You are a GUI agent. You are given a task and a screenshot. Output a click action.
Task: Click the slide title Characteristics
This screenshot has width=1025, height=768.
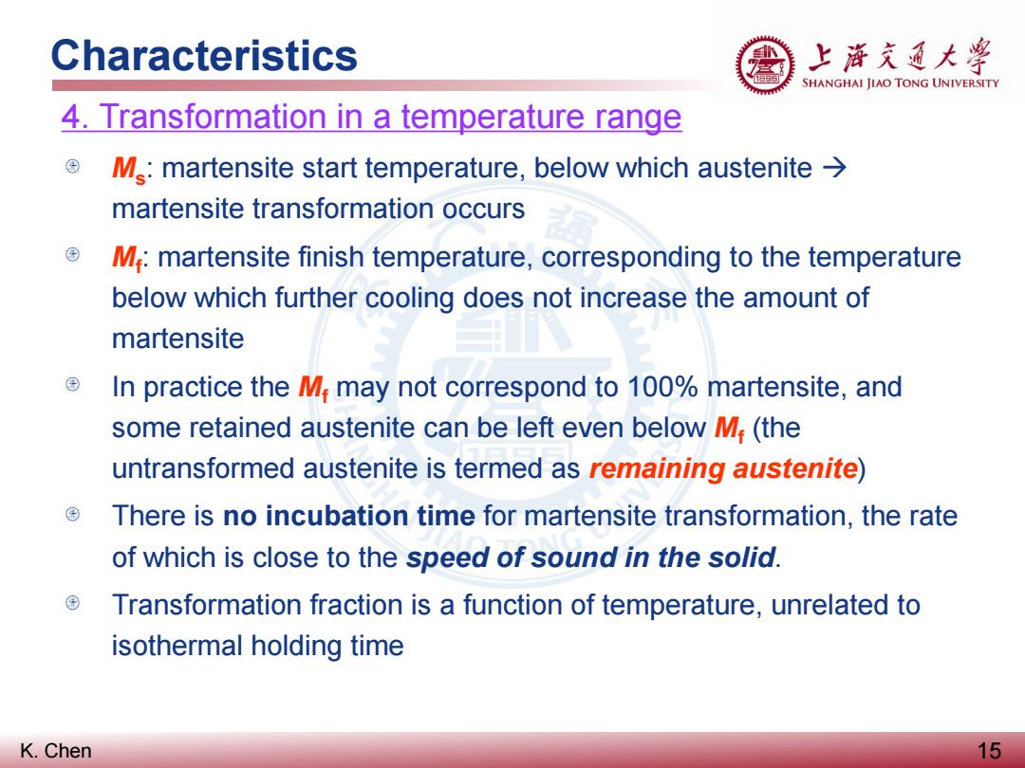click(x=204, y=55)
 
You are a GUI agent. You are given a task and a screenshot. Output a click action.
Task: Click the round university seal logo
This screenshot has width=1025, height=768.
click(x=765, y=64)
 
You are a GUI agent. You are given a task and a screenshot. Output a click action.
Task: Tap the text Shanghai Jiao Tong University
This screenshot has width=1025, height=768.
click(x=900, y=82)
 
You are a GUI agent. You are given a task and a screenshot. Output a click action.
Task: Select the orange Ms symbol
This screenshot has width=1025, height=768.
click(x=129, y=169)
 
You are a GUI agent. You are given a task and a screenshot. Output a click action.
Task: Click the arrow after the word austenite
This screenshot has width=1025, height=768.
click(x=834, y=168)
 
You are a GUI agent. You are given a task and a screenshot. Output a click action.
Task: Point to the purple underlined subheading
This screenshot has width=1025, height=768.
click(x=371, y=117)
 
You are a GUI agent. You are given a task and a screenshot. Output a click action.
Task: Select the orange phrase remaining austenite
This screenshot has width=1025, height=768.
click(x=723, y=468)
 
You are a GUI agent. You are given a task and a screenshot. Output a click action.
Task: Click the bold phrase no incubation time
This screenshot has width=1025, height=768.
click(x=349, y=516)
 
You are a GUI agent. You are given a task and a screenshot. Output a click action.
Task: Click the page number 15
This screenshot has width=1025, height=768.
click(x=989, y=750)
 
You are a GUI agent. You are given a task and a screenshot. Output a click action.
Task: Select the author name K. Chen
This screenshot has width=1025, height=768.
click(x=56, y=750)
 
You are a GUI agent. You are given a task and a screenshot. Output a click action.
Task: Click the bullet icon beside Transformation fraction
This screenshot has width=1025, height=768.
click(x=72, y=603)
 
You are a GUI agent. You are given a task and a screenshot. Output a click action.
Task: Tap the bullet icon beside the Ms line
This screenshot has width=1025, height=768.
click(x=72, y=166)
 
